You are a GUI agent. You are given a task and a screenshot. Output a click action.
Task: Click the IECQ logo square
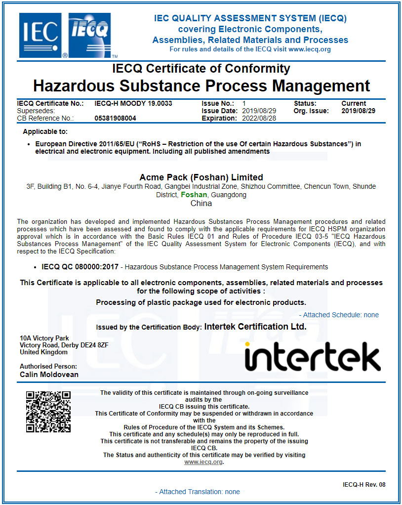coord(90,35)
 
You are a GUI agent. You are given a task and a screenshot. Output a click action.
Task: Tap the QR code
coord(48,412)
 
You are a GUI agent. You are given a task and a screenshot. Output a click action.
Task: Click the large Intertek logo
coord(312,355)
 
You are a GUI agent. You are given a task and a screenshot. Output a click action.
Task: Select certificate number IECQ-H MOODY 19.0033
coord(133,103)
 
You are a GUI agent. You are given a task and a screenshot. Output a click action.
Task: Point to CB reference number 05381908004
coord(115,118)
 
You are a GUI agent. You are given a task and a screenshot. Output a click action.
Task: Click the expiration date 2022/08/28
coord(259,118)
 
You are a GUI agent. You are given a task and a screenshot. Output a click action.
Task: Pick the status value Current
coord(354,103)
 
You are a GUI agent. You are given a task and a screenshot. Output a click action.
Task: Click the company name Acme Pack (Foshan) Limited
coord(201,177)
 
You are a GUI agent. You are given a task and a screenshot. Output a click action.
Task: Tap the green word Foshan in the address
coord(194,195)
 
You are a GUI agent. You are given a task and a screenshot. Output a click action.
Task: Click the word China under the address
coord(201,203)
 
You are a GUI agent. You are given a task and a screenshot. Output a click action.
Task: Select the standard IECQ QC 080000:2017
coord(80,267)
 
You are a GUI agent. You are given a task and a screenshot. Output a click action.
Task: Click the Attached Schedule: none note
coord(339,315)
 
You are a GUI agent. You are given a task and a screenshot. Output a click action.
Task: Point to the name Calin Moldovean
coord(49,374)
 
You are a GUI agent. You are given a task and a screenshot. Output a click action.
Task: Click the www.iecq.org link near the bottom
coord(203,462)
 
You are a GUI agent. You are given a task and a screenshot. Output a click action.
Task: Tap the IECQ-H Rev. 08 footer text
coord(364,485)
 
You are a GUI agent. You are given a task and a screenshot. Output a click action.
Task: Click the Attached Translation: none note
coord(197,492)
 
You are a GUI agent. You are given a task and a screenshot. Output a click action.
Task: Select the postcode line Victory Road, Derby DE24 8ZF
coord(64,345)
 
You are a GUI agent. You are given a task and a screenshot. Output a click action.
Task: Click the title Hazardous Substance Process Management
coord(201,85)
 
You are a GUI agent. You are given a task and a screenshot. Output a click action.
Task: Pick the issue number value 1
coord(244,103)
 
